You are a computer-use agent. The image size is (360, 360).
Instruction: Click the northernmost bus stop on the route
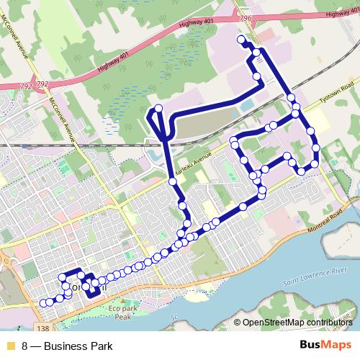[x=240, y=40]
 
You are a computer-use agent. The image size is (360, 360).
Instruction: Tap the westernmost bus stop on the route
[x=43, y=303]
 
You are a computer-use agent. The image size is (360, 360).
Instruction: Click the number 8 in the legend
[x=25, y=346]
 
